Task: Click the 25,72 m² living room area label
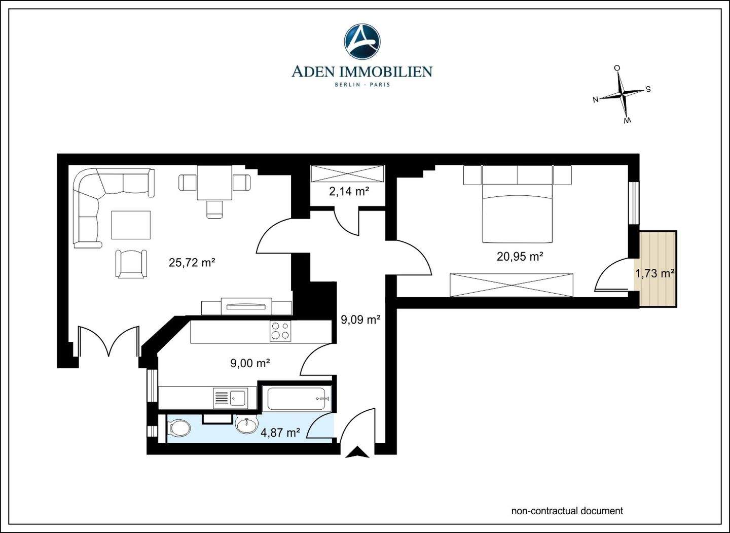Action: click(192, 262)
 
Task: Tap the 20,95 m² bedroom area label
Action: click(520, 257)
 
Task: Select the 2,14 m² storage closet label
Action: click(349, 191)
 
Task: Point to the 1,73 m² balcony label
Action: click(654, 273)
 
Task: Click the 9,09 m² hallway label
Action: click(361, 319)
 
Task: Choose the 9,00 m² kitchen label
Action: click(250, 363)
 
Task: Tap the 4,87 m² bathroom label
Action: click(281, 433)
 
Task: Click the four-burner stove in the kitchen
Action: click(280, 331)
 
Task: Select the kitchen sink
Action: click(230, 398)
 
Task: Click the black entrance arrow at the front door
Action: click(357, 452)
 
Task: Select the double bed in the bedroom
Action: click(518, 213)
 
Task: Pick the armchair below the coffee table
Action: click(131, 264)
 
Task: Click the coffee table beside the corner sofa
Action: click(131, 225)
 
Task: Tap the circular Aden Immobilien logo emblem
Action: click(362, 42)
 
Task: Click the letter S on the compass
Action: click(648, 89)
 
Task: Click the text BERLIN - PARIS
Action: click(362, 85)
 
